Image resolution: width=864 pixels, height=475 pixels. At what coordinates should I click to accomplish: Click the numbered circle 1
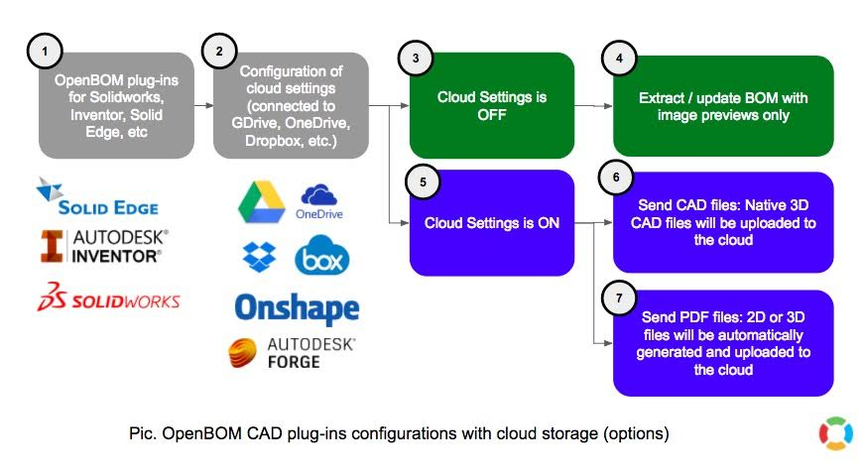(43, 48)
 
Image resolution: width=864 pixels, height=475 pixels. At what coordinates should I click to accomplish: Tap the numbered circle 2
(217, 48)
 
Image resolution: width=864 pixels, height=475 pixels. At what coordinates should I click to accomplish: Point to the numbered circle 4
(618, 58)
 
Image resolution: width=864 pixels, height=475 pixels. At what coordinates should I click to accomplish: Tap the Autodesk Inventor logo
(104, 246)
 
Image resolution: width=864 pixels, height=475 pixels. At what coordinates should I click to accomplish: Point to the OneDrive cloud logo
(320, 201)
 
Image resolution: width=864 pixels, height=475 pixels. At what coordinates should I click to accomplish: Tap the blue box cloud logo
(322, 256)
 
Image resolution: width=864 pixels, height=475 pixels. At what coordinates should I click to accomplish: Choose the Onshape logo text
(296, 307)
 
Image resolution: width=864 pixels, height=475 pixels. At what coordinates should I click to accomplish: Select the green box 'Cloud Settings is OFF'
(492, 105)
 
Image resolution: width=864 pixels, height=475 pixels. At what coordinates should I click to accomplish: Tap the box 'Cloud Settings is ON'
(492, 222)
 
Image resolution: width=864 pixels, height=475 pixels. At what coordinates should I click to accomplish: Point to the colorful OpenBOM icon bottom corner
(835, 433)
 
